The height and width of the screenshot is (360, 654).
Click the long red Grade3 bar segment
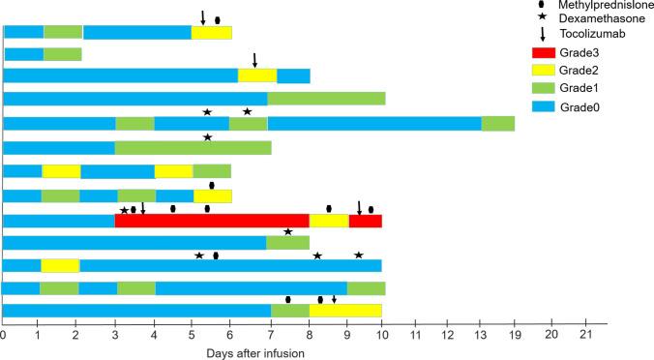click(212, 221)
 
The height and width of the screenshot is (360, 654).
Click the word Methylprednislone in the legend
click(607, 6)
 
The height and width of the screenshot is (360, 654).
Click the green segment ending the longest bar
click(498, 123)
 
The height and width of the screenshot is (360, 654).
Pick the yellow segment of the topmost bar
click(212, 33)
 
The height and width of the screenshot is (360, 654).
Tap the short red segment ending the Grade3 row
click(365, 221)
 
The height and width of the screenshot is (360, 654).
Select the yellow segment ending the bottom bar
click(345, 311)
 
